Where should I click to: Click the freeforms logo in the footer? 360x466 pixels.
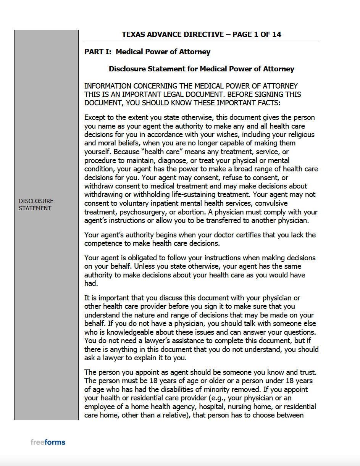pos(48,442)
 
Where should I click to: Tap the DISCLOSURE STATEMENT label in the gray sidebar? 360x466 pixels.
pos(36,205)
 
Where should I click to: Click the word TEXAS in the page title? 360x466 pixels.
pos(133,34)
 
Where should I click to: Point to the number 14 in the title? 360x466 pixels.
pos(276,34)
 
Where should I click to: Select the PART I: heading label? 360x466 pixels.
pos(98,52)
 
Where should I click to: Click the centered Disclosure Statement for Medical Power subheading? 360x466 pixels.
pos(201,69)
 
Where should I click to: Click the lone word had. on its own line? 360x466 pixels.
pos(91,283)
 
